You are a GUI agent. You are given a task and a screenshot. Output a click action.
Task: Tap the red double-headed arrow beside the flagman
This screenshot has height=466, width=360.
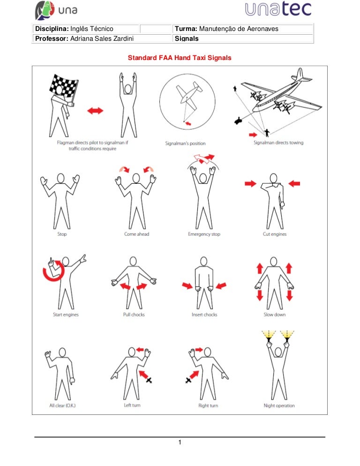click(95, 111)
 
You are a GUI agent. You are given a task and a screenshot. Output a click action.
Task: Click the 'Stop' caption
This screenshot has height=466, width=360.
click(61, 234)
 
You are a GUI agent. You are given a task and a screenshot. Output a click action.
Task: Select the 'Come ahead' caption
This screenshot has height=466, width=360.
click(136, 234)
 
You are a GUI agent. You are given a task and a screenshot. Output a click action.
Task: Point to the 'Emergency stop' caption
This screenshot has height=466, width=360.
click(204, 234)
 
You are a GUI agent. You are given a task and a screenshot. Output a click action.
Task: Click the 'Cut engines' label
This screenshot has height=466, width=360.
click(275, 234)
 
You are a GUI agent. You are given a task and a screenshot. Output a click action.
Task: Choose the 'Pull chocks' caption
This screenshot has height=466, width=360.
click(134, 315)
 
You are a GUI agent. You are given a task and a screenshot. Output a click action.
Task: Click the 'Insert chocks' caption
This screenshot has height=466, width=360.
click(204, 315)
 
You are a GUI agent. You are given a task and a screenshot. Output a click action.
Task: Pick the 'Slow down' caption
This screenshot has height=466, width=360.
click(275, 315)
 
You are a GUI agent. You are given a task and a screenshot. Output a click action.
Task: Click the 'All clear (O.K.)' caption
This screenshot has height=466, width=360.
click(62, 406)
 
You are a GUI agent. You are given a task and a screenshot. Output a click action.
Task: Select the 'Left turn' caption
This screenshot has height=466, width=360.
click(132, 406)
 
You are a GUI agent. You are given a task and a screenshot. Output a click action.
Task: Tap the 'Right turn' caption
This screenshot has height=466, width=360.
click(208, 406)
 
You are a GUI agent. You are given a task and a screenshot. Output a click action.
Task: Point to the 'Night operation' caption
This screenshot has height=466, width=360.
click(279, 406)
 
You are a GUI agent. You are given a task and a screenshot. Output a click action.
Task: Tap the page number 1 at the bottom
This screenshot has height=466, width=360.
click(179, 443)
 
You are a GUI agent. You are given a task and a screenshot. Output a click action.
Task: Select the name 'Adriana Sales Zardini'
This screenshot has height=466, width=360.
click(99, 38)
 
